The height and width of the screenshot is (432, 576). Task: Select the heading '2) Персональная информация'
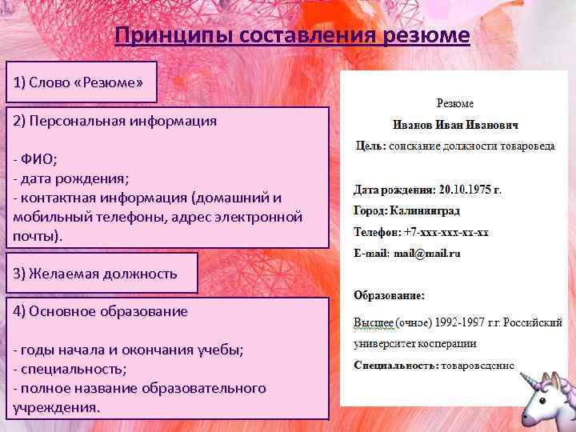tap(114, 121)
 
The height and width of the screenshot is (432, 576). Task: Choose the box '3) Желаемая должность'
tap(95, 273)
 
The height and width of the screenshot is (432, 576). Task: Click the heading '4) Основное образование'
tap(101, 311)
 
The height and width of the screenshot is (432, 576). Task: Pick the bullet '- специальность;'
tap(70, 369)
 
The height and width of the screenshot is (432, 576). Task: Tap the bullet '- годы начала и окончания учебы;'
tap(129, 350)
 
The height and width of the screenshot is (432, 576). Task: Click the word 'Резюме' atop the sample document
tap(454, 103)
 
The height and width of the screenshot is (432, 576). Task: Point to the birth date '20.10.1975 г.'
tap(470, 190)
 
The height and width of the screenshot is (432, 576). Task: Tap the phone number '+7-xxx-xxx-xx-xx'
tap(446, 232)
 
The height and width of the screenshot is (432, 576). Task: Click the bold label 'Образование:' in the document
tap(390, 294)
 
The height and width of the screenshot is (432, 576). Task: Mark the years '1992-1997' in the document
tap(454, 322)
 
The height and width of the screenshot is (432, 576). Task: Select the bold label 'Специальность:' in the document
tap(396, 366)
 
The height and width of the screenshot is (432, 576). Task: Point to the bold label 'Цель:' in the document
tap(370, 146)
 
